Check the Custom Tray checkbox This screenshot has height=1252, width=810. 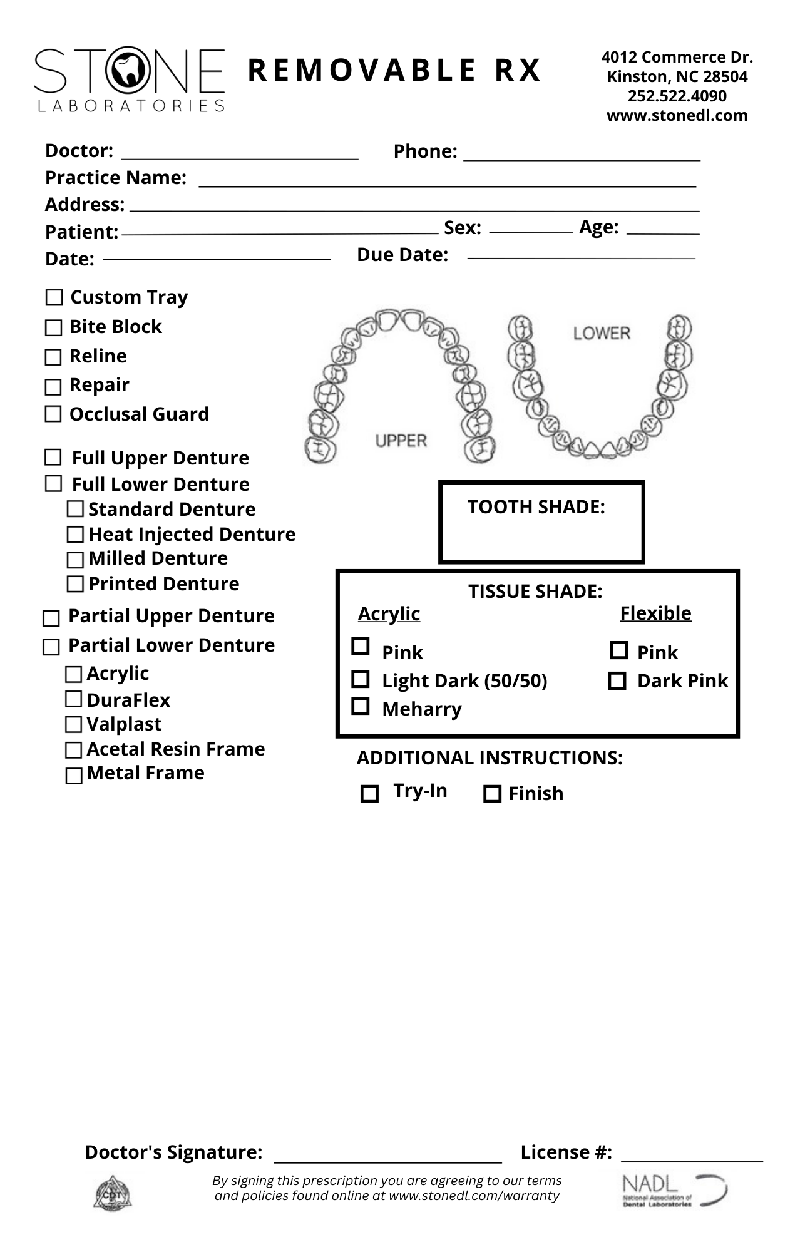54,297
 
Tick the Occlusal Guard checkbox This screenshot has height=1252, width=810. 54,414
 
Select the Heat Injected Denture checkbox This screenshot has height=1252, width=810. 75,535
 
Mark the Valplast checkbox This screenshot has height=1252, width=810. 74,725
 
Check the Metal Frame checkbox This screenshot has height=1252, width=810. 74,776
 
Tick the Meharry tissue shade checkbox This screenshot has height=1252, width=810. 361,706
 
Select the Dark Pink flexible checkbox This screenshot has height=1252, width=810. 617,680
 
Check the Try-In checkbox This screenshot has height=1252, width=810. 370,794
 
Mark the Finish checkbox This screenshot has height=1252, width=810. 493,794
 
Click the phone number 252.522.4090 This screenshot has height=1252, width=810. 677,96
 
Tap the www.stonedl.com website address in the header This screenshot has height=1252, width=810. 677,115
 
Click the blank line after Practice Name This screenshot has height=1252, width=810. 447,182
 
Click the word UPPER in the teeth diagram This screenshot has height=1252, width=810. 401,441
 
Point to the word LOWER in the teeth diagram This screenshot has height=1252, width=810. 602,333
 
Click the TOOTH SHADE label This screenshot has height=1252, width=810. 536,507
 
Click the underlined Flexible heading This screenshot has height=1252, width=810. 655,613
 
